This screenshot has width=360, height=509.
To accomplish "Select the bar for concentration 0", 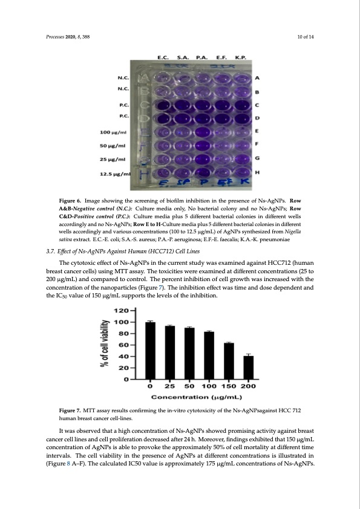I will (x=150, y=351).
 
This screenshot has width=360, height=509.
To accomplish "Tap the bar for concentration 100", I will (x=209, y=355).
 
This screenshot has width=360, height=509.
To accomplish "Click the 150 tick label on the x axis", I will (x=228, y=386).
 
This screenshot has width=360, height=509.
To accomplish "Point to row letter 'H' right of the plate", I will (x=258, y=172).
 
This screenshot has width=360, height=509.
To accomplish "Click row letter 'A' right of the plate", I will (x=258, y=78).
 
